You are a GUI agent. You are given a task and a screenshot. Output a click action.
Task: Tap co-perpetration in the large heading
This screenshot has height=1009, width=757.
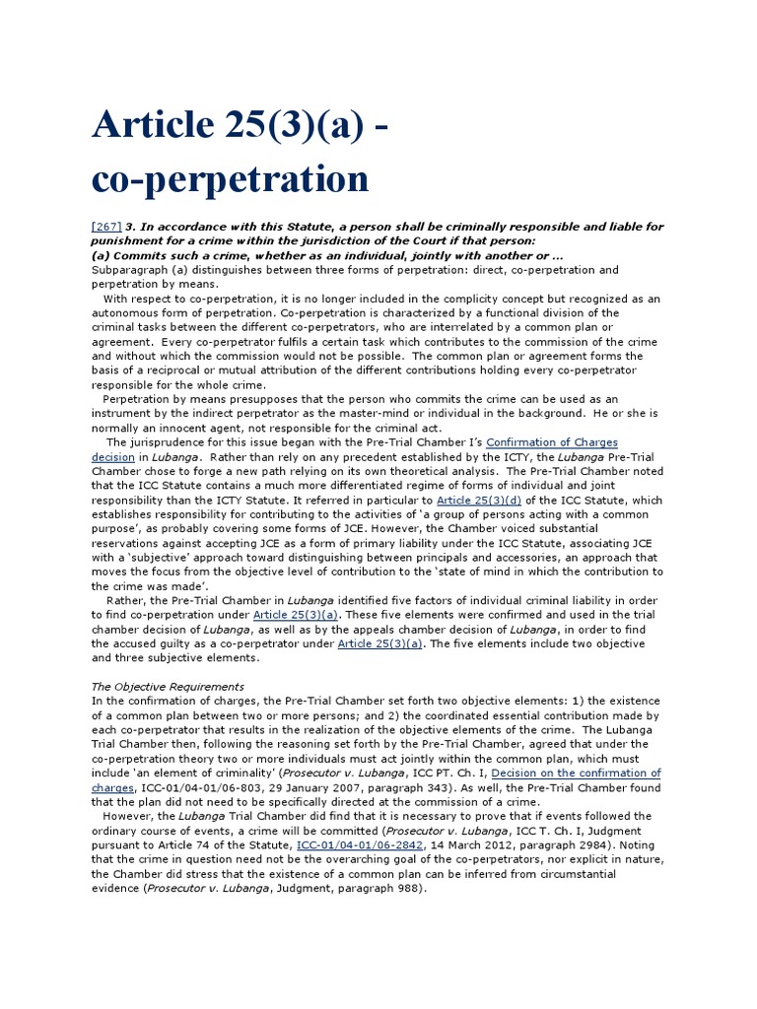(230, 178)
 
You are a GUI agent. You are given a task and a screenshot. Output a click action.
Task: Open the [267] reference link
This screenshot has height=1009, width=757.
(105, 226)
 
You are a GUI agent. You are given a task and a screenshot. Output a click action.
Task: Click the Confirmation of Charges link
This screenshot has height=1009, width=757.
(552, 442)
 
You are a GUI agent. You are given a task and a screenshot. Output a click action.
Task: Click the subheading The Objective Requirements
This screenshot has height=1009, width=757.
(168, 686)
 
